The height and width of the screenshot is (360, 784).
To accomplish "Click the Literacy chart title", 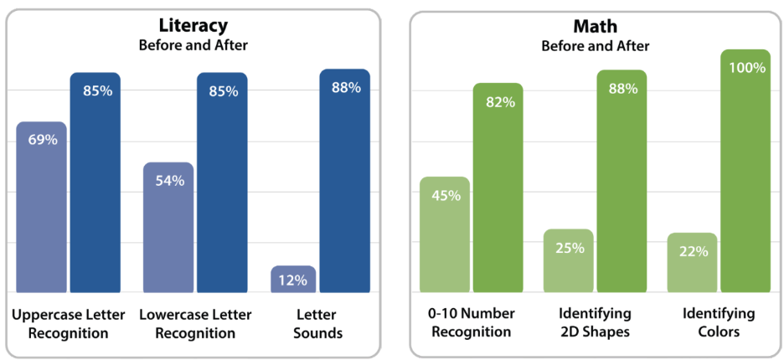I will click(193, 26).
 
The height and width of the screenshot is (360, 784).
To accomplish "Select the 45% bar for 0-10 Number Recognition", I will click(445, 234).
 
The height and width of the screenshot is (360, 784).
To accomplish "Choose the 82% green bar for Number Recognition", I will click(498, 188).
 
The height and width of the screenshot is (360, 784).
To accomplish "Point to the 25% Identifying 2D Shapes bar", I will click(569, 260).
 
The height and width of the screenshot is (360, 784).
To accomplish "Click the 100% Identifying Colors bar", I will click(745, 171).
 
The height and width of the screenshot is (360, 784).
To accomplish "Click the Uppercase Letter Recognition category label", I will click(69, 323).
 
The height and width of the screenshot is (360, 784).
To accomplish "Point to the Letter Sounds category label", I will click(319, 323).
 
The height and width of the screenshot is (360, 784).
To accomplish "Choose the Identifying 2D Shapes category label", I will click(595, 322).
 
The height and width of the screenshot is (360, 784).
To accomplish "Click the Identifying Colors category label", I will click(719, 322).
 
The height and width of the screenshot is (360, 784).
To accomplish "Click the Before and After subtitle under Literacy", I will click(193, 45).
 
